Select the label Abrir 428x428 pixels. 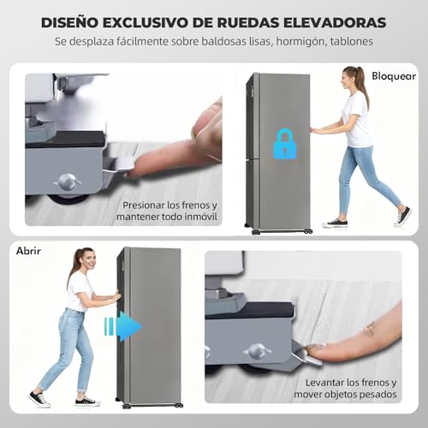click(x=29, y=251)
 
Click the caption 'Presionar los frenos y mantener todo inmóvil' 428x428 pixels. click(x=170, y=211)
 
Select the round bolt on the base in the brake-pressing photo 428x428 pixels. click(x=66, y=180)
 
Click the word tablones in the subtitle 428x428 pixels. click(x=348, y=41)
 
